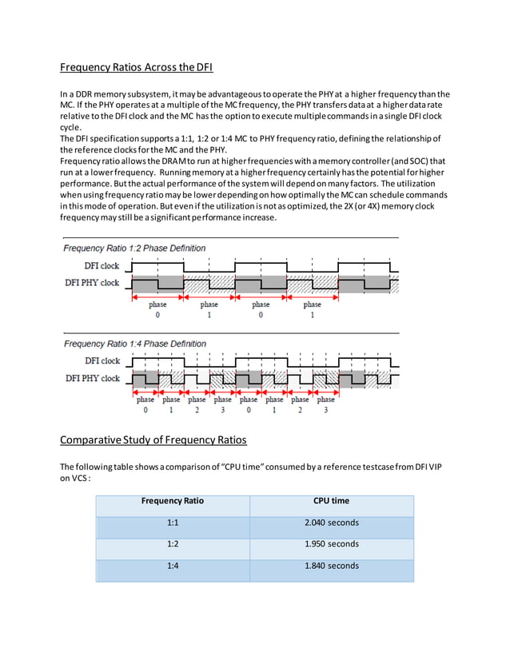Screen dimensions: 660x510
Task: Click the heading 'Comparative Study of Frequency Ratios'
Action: [153, 440]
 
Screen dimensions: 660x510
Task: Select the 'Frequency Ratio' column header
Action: [172, 501]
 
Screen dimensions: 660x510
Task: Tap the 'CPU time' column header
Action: [332, 501]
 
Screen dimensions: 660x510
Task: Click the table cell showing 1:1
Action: [172, 523]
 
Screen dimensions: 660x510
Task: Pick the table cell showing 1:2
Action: [172, 544]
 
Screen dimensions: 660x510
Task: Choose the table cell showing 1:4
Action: [172, 566]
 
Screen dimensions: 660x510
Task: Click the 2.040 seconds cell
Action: [332, 523]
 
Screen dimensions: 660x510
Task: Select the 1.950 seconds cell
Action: [332, 544]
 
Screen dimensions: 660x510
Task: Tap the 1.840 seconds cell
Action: [332, 566]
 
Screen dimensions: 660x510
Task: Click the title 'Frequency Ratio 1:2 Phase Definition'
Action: [134, 248]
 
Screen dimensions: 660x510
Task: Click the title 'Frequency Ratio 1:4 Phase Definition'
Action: [134, 344]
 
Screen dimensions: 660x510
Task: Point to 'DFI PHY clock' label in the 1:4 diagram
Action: [93, 379]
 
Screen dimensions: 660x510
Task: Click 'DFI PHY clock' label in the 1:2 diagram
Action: [93, 283]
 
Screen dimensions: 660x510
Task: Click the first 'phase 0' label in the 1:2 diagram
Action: [157, 309]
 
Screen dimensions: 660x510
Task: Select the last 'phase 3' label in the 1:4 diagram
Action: [325, 404]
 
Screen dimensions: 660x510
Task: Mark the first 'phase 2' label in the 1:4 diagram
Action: [197, 404]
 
